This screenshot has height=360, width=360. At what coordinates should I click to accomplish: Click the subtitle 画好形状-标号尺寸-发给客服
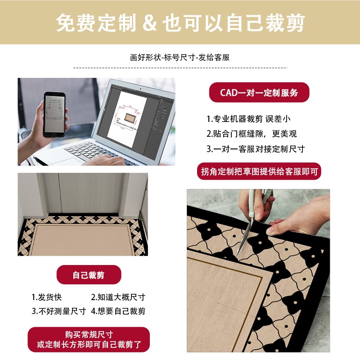180,58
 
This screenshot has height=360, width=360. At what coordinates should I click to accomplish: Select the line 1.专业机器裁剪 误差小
248,119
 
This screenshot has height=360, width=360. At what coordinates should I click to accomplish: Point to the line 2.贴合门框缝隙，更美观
252,134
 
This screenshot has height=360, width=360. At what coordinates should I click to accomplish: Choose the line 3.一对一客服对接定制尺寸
256,148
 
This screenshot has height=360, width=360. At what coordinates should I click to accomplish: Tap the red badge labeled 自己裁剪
89,275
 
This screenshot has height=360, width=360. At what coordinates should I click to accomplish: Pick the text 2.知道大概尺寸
118,297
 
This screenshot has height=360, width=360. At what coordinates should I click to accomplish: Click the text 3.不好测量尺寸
58,311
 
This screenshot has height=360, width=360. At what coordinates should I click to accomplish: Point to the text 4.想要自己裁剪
118,311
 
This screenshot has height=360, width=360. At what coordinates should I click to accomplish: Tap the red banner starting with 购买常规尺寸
89,340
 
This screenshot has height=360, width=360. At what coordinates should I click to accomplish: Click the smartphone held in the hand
54,115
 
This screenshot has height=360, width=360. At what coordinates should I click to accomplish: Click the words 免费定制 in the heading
94,22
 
